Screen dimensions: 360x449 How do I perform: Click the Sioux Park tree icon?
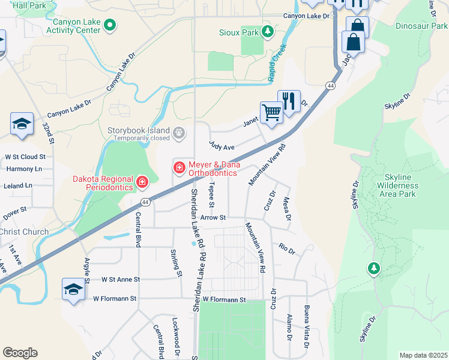(268, 31)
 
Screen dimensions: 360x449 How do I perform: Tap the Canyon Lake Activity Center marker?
(109, 25)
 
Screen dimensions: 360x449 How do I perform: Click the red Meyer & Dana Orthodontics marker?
(179, 166)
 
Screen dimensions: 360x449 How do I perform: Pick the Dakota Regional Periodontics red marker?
(142, 181)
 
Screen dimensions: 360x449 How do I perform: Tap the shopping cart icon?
(271, 112)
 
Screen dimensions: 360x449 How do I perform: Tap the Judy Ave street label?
(221, 146)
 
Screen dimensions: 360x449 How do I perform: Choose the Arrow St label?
(212, 218)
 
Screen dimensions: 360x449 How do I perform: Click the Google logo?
(20, 353)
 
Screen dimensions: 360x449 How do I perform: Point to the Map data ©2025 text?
(423, 355)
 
